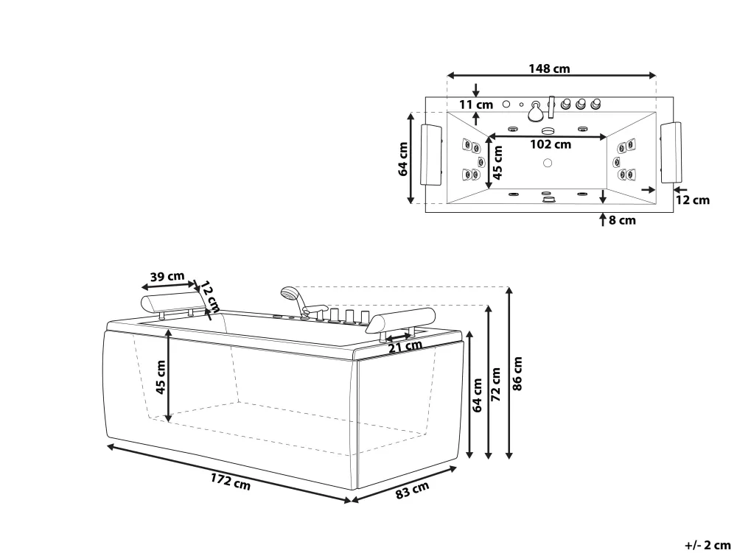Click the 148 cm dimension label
coord(549,68)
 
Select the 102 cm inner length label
coord(551,144)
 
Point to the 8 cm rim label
coord(622,219)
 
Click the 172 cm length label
coord(229,482)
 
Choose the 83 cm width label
coord(412,491)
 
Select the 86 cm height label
coord(517,373)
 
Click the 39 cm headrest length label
coord(167,277)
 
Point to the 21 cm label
coord(399,347)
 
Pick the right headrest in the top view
coord(671,153)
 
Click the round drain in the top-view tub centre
coord(547,163)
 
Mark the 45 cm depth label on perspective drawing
coord(161,377)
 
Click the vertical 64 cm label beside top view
coord(402,158)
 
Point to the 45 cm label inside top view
coord(497,162)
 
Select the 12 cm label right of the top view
coord(693,200)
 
